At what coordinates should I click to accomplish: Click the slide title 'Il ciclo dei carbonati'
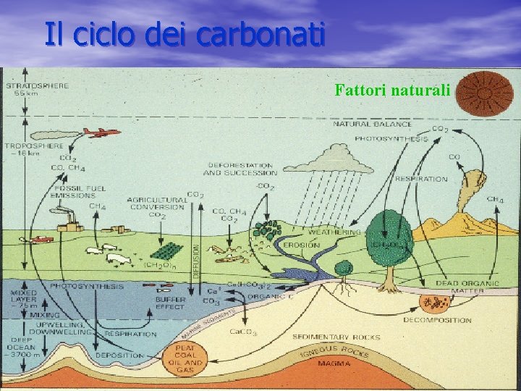(x=184, y=34)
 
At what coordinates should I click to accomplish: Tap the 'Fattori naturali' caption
(x=392, y=91)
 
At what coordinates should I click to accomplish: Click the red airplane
(x=101, y=133)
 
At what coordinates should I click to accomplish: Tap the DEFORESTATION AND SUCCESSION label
(x=240, y=169)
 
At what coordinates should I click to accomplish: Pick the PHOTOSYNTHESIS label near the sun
(x=391, y=138)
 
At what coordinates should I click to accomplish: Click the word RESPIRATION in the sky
(x=421, y=179)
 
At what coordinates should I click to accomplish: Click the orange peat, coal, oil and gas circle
(x=185, y=358)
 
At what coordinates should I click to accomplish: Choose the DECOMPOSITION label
(x=437, y=320)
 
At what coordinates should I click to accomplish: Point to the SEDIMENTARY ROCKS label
(x=331, y=337)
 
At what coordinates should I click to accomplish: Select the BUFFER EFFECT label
(x=170, y=302)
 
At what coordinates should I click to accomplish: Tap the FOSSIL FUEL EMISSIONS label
(x=80, y=192)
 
